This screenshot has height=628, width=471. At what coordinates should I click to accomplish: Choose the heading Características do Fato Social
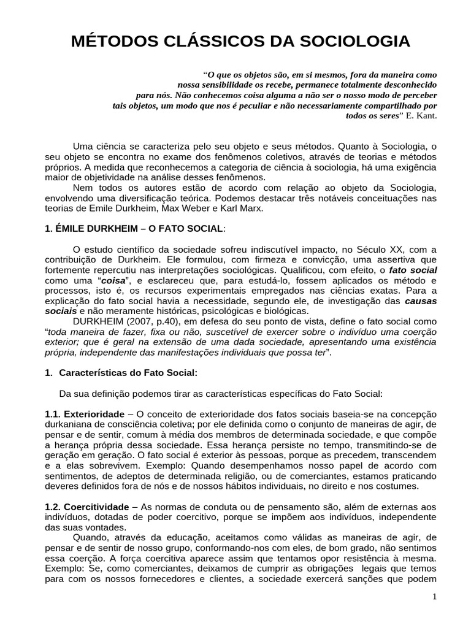coord(128,373)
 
